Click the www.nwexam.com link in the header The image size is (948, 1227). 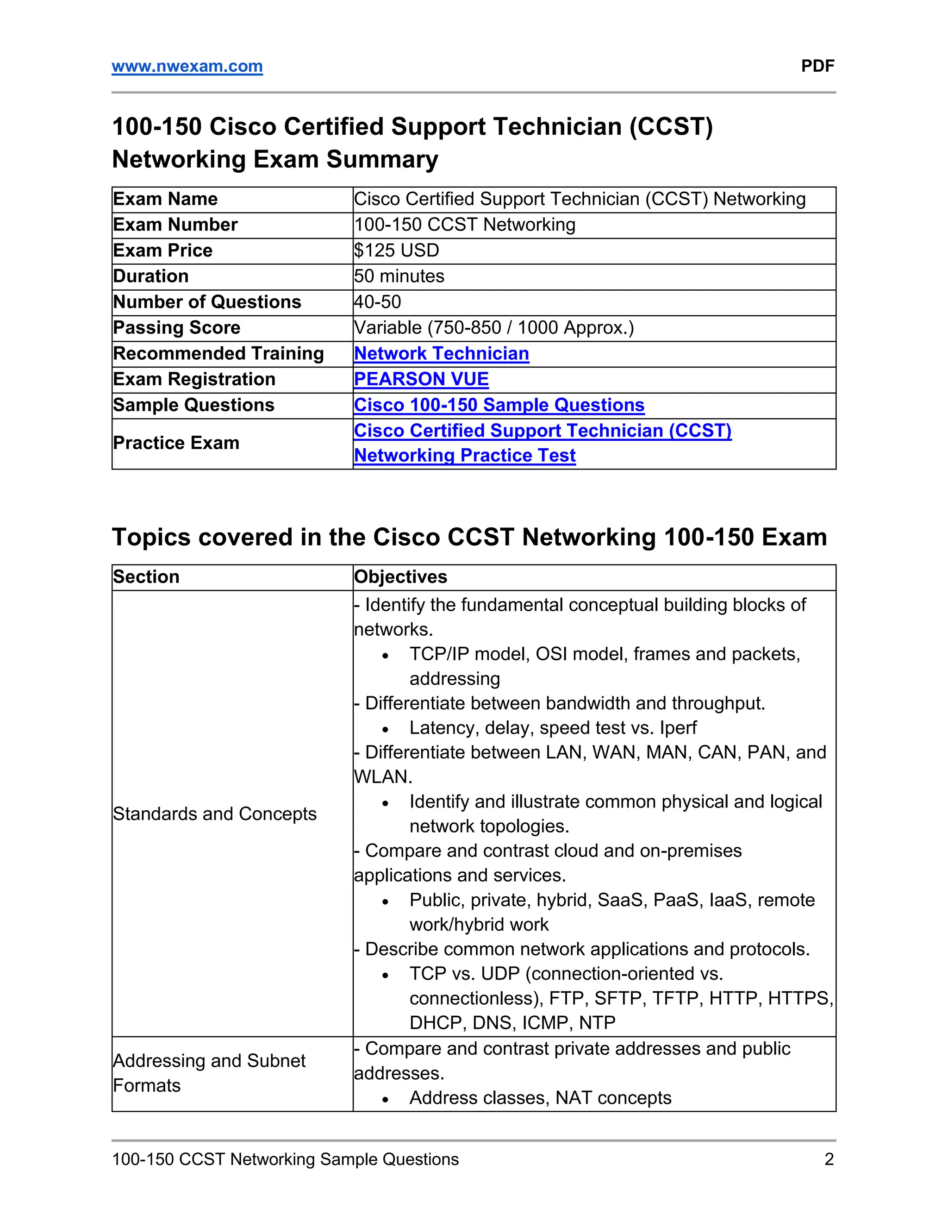187,66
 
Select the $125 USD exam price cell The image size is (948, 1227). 397,250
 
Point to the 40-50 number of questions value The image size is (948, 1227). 377,302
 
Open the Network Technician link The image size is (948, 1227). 442,353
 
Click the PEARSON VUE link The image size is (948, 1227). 421,379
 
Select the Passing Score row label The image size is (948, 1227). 176,327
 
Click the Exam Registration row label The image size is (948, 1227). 194,379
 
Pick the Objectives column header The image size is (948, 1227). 400,577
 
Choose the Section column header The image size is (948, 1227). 146,577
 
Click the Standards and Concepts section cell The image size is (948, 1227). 214,814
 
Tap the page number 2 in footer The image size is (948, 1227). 829,1159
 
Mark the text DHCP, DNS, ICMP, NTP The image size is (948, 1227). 512,1022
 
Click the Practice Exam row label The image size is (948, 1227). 176,443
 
